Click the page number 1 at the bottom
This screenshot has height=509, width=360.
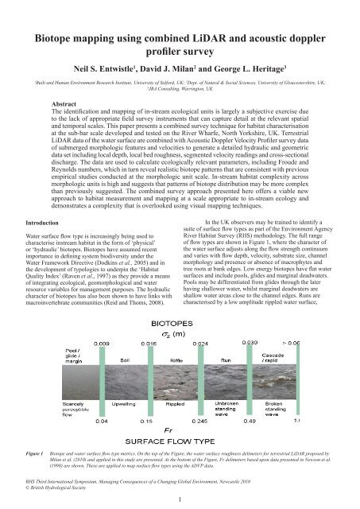click(180, 499)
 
